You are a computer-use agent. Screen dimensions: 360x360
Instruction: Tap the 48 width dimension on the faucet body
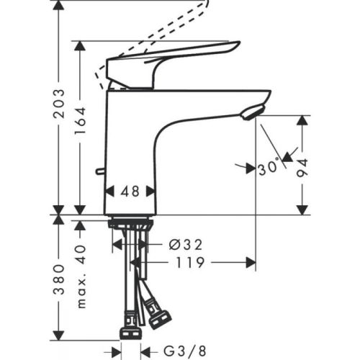[130, 192]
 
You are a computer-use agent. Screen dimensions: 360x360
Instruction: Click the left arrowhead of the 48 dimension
[109, 192]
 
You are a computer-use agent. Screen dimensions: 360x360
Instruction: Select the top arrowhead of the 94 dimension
[302, 120]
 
